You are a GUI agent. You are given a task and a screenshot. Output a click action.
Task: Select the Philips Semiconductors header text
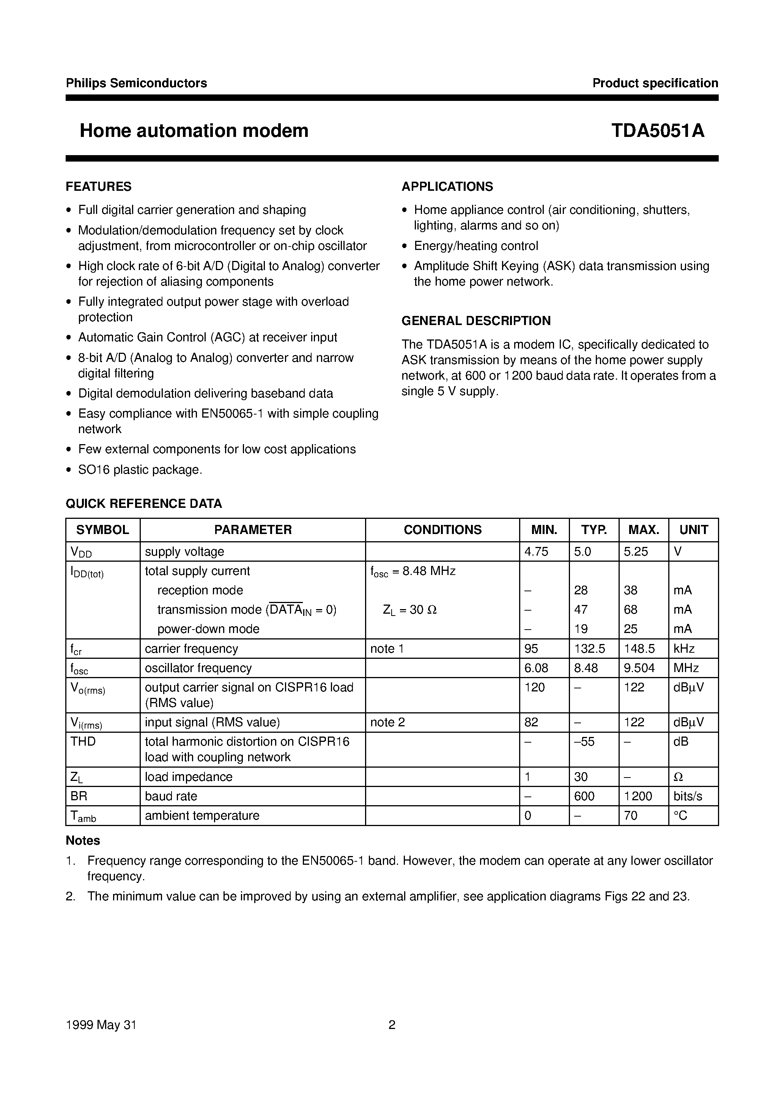136,83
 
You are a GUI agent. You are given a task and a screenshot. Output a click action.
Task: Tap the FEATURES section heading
99,187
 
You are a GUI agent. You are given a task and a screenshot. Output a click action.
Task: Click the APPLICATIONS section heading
447,187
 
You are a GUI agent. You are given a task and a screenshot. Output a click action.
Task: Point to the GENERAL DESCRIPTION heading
476,321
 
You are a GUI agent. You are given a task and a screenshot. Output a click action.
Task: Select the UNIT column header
693,530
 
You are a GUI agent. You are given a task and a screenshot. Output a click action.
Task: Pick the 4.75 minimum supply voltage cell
536,551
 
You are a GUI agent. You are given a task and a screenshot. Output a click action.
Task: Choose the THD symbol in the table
83,741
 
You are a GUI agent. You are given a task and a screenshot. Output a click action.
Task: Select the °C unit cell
680,815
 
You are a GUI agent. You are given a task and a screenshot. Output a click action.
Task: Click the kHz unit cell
684,649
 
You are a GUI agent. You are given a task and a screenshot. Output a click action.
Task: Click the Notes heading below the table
83,840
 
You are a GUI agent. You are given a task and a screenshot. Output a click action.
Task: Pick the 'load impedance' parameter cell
189,777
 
